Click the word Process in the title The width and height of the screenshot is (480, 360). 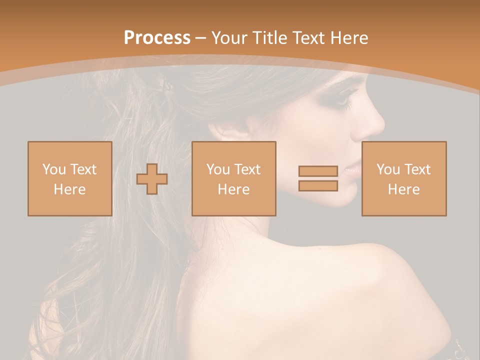point(157,37)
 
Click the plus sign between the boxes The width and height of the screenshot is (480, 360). point(152,178)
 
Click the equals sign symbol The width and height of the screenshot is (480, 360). point(318,178)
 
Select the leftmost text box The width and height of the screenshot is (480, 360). point(69,178)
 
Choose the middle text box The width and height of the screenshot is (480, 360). point(233,178)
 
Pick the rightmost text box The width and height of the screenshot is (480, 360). point(403,178)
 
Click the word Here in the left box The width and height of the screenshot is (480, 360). point(69,189)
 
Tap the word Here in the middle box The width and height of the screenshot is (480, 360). point(233,189)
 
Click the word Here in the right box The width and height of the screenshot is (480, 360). point(403,189)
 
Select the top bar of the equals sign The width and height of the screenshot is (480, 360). point(318,171)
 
